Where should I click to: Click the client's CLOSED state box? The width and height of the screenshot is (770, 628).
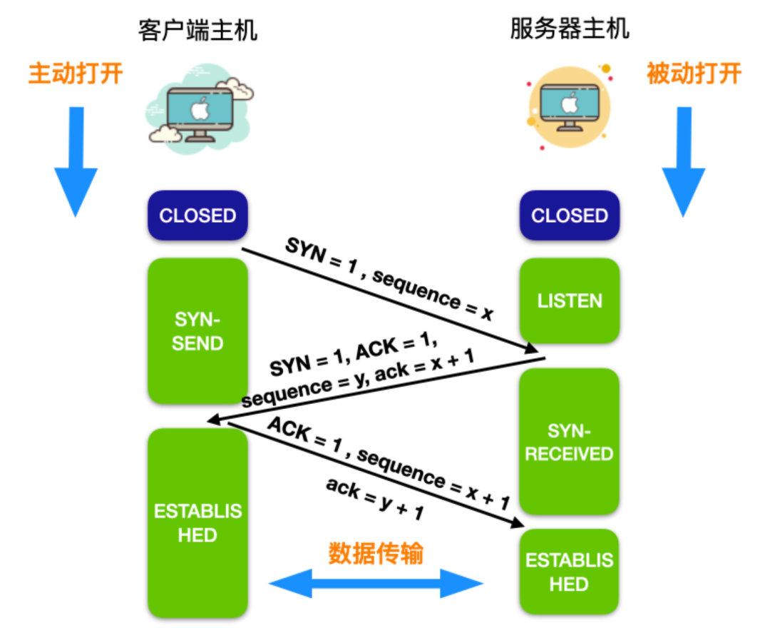click(x=197, y=216)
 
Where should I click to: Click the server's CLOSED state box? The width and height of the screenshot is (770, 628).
click(x=569, y=216)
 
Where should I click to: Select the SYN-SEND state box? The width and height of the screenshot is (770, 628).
click(x=197, y=332)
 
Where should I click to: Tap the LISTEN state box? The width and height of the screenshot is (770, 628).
click(x=569, y=300)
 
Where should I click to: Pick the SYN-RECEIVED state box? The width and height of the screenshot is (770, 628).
click(x=569, y=442)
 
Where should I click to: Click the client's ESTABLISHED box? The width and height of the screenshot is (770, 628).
click(x=197, y=522)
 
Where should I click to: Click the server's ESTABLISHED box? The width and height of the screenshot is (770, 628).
click(x=569, y=572)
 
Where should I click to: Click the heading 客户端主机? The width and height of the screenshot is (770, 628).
click(x=197, y=31)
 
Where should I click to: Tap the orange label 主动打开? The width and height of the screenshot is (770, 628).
click(x=76, y=74)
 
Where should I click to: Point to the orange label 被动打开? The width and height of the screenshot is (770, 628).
click(x=694, y=74)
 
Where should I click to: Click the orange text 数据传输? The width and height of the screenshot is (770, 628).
click(x=376, y=553)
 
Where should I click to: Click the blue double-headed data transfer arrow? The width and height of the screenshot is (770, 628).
click(x=376, y=584)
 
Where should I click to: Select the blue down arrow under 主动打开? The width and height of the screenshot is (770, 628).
click(x=76, y=161)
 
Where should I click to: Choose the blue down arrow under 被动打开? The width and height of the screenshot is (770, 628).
click(x=684, y=161)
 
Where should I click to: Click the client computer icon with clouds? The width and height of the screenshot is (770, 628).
click(x=200, y=107)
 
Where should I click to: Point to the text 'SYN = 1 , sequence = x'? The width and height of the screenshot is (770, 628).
click(x=389, y=279)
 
